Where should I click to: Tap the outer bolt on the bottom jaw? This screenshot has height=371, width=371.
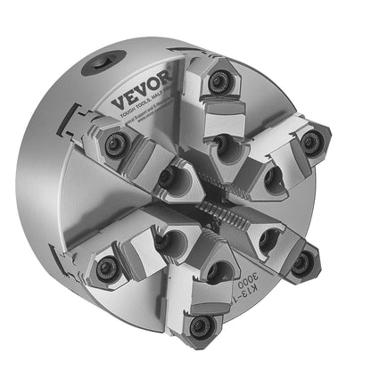(203, 324)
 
